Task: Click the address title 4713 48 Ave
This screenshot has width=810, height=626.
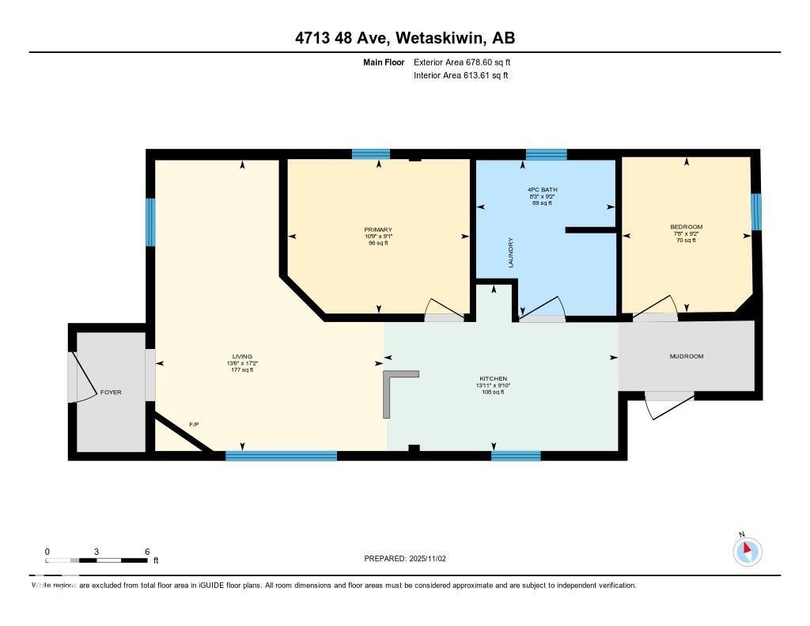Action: click(404, 38)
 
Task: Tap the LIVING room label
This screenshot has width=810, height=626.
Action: click(242, 357)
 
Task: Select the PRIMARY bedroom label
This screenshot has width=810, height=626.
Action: click(378, 230)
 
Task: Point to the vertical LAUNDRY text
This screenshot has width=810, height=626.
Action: click(511, 252)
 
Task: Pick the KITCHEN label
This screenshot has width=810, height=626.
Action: click(492, 379)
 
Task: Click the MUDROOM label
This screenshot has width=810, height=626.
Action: click(686, 356)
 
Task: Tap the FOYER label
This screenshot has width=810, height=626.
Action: click(111, 393)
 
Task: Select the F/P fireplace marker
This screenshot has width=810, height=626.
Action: click(194, 425)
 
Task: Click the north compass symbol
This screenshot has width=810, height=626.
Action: click(747, 551)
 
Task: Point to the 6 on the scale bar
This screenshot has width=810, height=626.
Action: click(147, 551)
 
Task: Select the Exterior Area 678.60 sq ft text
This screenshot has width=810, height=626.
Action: click(467, 62)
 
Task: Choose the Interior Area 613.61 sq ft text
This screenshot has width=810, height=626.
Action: click(460, 76)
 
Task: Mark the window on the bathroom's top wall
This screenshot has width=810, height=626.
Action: click(546, 154)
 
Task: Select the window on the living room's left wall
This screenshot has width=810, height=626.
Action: click(150, 222)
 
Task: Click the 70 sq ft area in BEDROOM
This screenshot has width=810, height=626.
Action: click(686, 240)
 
